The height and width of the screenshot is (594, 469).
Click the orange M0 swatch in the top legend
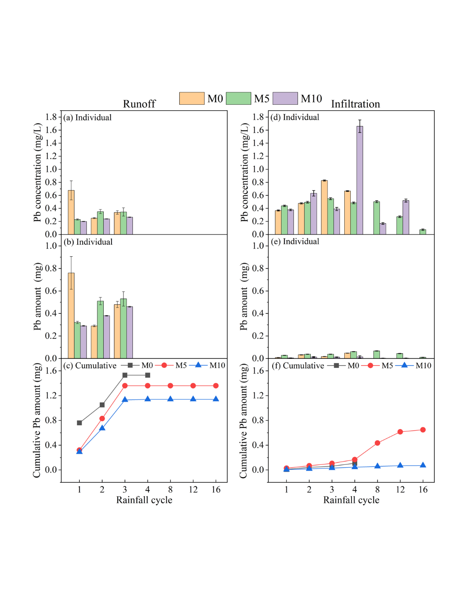(x=192, y=98)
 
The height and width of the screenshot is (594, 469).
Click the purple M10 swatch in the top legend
(x=285, y=98)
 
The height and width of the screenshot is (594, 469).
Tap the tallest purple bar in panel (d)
(x=360, y=180)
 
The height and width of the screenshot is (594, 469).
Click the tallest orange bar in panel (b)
(x=71, y=315)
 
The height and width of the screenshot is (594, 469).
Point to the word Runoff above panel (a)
(x=139, y=104)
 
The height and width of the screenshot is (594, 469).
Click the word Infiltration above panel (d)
(x=355, y=104)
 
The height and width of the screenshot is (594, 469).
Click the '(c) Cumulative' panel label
(x=90, y=366)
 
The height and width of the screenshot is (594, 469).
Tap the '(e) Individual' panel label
(x=295, y=242)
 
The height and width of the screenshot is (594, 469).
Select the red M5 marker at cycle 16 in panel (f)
(x=423, y=430)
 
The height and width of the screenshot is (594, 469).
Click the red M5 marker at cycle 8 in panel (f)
(x=377, y=443)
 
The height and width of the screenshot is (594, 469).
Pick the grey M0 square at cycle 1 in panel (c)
(x=79, y=423)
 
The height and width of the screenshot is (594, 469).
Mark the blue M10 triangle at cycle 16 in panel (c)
(x=216, y=399)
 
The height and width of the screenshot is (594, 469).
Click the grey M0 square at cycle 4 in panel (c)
(x=148, y=376)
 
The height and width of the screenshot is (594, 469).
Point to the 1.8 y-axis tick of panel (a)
(x=51, y=117)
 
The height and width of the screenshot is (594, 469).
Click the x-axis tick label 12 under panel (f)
(x=400, y=490)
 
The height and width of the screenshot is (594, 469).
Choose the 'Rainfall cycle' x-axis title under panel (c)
(x=144, y=500)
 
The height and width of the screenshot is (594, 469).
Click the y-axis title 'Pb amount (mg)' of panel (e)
(x=244, y=297)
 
